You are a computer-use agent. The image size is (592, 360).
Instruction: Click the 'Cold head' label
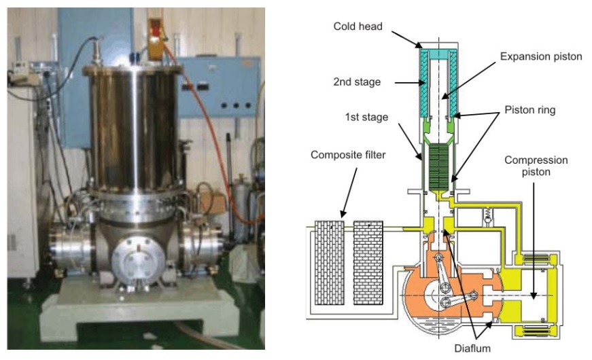[358, 26]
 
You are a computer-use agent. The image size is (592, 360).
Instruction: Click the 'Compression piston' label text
[536, 166]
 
